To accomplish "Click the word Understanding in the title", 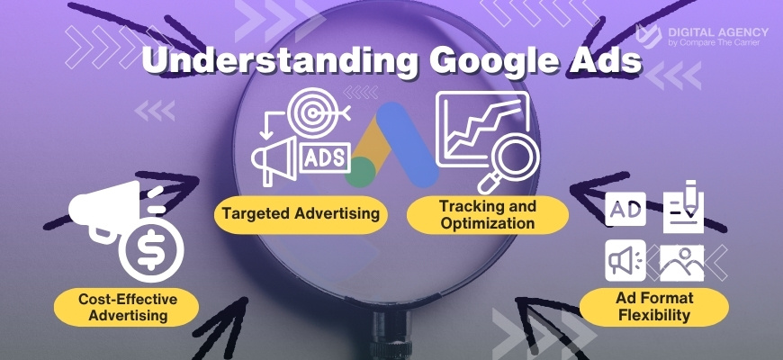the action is (280, 60).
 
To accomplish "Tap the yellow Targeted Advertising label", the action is (301, 213).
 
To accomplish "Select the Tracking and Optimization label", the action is (488, 215).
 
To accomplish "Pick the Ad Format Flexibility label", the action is (654, 307).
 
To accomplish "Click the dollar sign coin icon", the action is (152, 249).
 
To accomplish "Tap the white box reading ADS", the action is (325, 157).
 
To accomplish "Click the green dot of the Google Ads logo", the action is (361, 172).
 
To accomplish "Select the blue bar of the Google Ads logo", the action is (407, 145).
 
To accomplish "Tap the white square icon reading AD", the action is (625, 209).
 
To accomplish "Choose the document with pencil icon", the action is (684, 206).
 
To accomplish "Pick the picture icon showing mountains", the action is (681, 263).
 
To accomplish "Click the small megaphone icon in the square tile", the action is (625, 260).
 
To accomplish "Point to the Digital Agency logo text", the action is (718, 37).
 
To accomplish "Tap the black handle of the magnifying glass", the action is (392, 336).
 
